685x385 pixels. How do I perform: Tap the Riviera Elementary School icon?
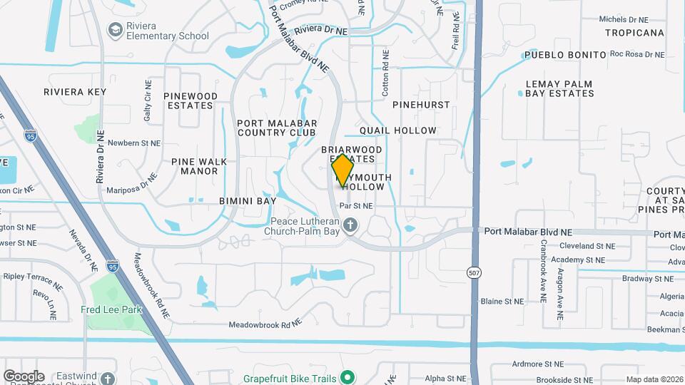pyautogui.click(x=114, y=29)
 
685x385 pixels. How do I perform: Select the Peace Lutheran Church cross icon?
pyautogui.click(x=350, y=226)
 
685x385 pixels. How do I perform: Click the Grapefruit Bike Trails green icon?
pyautogui.click(x=347, y=376)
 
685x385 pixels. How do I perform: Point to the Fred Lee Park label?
pyautogui.click(x=111, y=309)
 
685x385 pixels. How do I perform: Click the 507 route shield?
pyautogui.click(x=475, y=272)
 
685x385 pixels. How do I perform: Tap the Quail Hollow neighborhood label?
pyautogui.click(x=397, y=130)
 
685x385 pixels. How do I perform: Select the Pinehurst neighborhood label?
pyautogui.click(x=421, y=105)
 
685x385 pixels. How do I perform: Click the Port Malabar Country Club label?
pyautogui.click(x=276, y=128)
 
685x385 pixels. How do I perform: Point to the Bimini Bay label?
pyautogui.click(x=248, y=202)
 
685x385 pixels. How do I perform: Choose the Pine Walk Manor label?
pyautogui.click(x=195, y=166)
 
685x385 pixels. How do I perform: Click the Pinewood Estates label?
pyautogui.click(x=191, y=101)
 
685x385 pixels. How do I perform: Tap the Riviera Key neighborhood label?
pyautogui.click(x=75, y=92)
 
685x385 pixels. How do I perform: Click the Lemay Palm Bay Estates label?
pyautogui.click(x=559, y=88)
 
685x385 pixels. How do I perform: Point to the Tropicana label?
pyautogui.click(x=634, y=33)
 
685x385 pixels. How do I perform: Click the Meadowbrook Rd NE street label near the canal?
pyautogui.click(x=265, y=324)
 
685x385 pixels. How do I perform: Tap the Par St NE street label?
pyautogui.click(x=356, y=206)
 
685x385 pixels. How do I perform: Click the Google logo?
pyautogui.click(x=24, y=376)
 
